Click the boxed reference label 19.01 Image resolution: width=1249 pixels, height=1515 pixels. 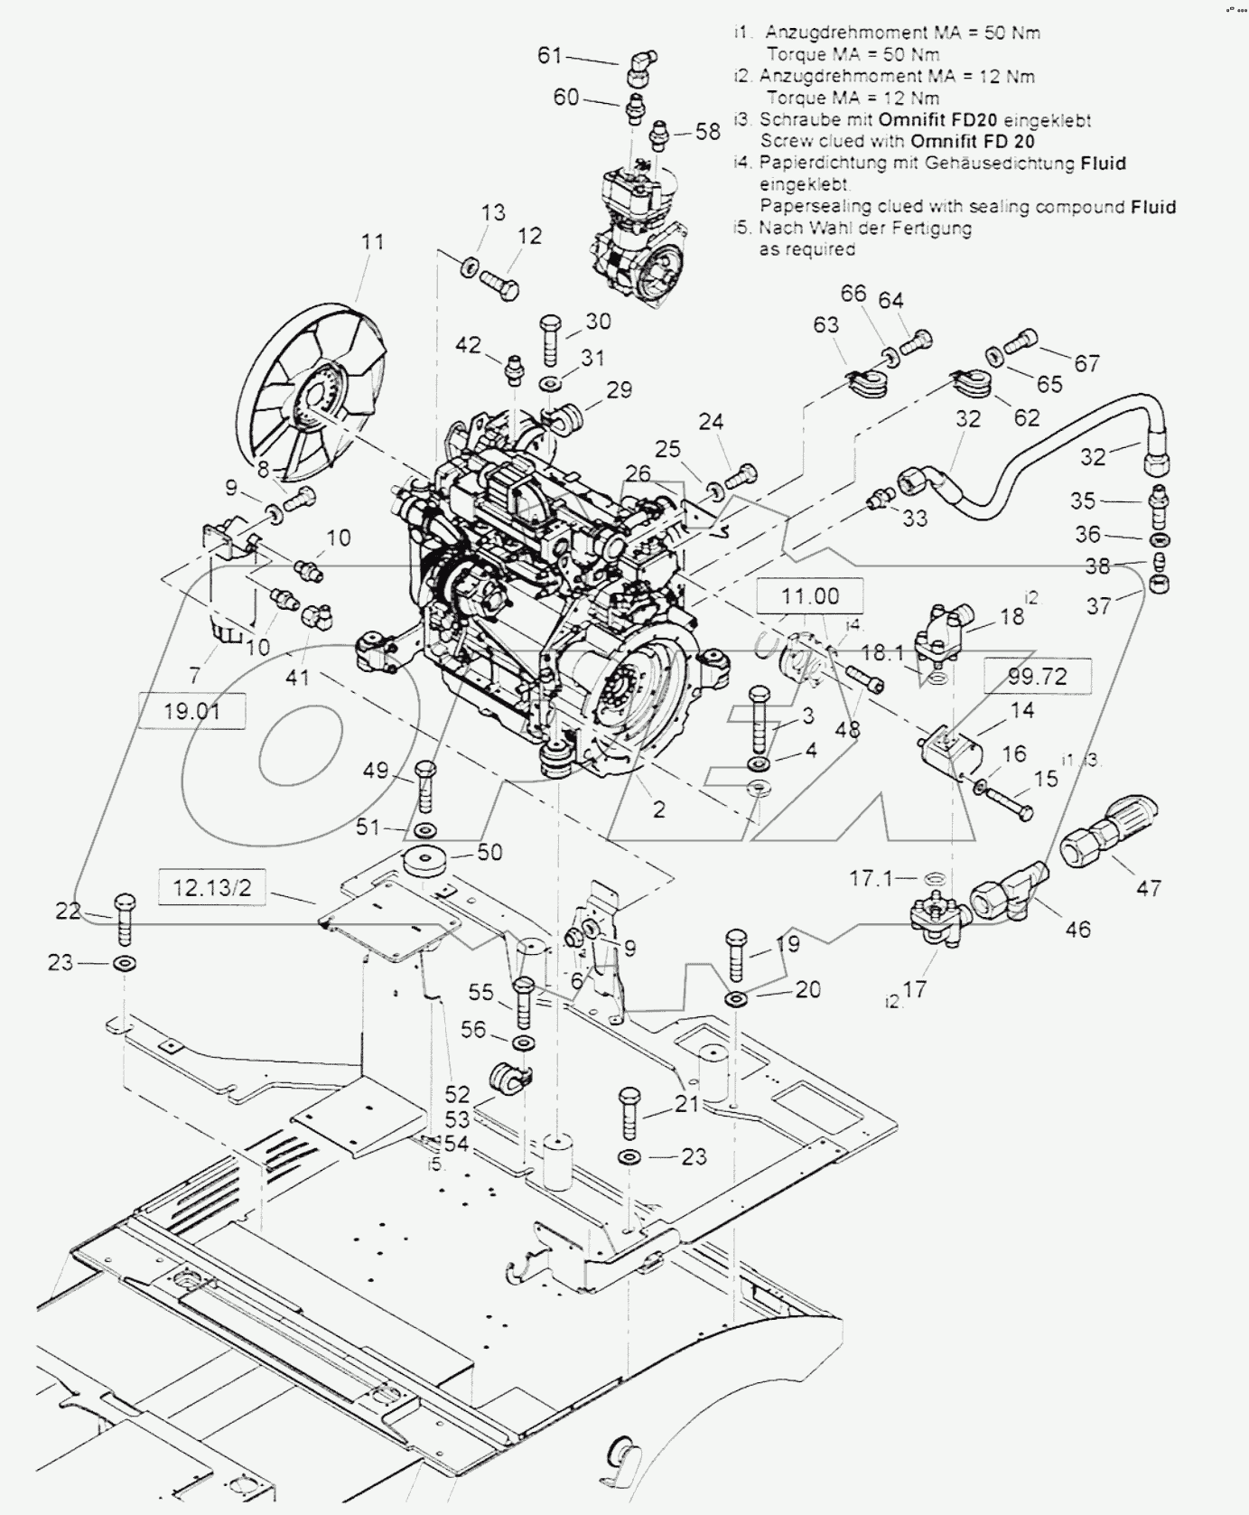[191, 711]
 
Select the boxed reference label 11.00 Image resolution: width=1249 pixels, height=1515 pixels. [810, 596]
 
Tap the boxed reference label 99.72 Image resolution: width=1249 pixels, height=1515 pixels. [1037, 677]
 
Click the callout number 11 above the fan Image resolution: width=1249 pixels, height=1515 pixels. [373, 242]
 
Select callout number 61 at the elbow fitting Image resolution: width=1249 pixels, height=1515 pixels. [549, 56]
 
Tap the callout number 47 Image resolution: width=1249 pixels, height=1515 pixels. [1148, 888]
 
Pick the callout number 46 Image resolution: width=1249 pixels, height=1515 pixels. [1078, 928]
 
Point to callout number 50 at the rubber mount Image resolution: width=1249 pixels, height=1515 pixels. [489, 852]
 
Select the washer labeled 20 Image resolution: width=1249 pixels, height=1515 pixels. [735, 998]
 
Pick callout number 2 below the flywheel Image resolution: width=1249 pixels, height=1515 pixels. [658, 809]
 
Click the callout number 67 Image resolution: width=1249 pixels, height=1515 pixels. [1086, 362]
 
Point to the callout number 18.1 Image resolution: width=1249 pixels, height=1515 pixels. [882, 650]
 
